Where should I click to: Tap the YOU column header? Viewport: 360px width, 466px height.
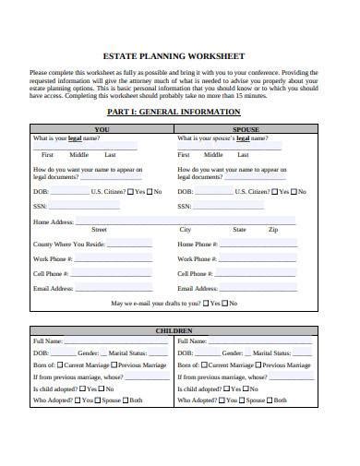(102, 129)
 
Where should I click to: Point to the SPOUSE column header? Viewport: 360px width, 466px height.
(246, 129)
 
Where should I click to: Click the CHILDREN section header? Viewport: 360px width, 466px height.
(174, 329)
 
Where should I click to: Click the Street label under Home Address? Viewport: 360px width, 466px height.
(99, 229)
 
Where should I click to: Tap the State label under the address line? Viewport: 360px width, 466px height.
(240, 229)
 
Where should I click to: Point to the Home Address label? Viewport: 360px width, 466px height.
(54, 222)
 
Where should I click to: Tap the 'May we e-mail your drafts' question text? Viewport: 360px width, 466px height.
(155, 304)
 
